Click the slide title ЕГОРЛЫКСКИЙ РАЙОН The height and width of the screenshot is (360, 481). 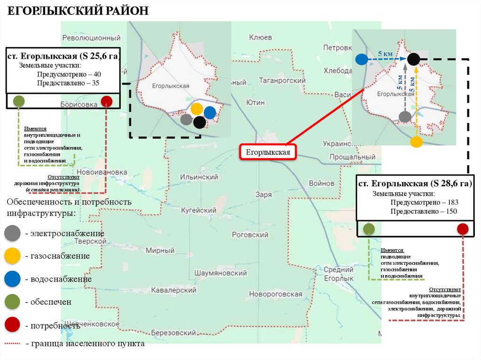(x=77, y=10)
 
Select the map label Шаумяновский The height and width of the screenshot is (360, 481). (x=220, y=273)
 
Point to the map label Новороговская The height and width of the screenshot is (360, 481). (x=276, y=294)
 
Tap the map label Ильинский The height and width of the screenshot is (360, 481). (x=199, y=177)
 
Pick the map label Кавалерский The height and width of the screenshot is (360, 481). (x=173, y=290)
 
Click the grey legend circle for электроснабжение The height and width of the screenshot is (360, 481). (x=12, y=233)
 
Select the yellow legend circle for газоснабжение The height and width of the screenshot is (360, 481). (x=12, y=256)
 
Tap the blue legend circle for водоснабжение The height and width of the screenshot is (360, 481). (x=12, y=279)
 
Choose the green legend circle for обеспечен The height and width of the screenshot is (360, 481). (x=12, y=302)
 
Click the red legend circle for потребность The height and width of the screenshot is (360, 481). (x=12, y=325)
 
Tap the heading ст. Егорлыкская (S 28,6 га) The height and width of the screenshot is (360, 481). (x=415, y=183)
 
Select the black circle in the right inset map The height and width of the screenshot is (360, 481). (x=413, y=59)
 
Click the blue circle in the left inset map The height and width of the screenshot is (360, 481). (x=209, y=113)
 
